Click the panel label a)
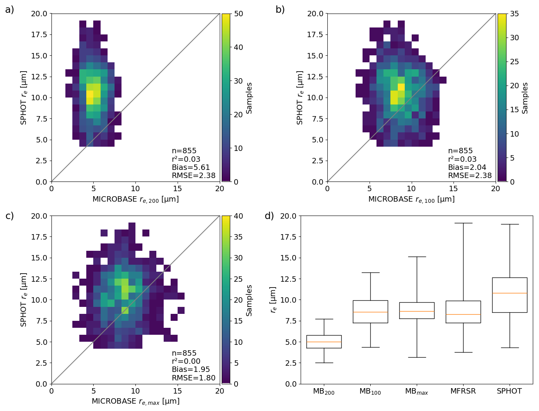click(x=9, y=10)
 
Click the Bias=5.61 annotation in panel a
click(x=191, y=167)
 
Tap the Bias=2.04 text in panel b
click(x=467, y=167)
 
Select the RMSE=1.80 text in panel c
click(x=193, y=378)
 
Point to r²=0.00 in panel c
click(x=186, y=361)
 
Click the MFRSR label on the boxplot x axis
click(x=463, y=391)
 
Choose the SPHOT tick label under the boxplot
click(x=509, y=391)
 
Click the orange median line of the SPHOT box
click(x=509, y=293)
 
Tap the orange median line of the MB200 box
click(x=324, y=342)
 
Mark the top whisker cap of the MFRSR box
click(x=463, y=223)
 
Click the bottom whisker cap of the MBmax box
click(x=417, y=357)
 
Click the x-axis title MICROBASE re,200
click(x=135, y=199)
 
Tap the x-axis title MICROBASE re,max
click(x=135, y=401)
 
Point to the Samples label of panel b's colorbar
click(x=525, y=98)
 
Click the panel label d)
click(x=269, y=216)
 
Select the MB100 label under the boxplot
click(x=370, y=391)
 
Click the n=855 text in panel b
click(x=460, y=151)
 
